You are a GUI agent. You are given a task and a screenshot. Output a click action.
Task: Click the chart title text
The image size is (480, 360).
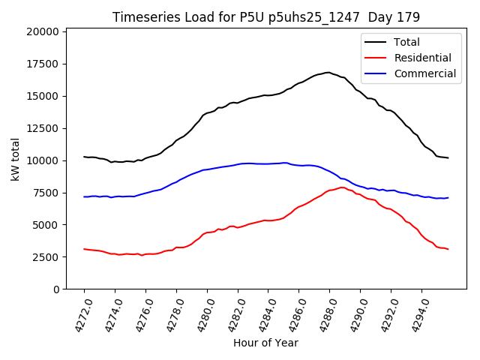pos(266,17)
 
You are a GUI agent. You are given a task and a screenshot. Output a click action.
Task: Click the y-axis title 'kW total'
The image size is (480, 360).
pos(16,159)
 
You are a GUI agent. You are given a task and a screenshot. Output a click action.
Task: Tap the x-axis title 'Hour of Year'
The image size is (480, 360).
pos(265,343)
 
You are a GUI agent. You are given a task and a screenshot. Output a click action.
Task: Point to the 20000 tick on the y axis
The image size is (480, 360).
pos(42,31)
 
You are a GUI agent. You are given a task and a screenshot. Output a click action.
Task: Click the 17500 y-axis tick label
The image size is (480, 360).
pos(42,64)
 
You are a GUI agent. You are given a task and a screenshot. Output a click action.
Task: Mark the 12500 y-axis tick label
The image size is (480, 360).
pos(42,128)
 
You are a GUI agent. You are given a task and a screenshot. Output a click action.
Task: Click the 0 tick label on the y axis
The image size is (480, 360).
pos(56,289)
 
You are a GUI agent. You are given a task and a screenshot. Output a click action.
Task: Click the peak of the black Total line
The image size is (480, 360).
pos(328,72)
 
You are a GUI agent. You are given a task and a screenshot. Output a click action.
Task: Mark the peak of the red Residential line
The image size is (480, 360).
pos(342,187)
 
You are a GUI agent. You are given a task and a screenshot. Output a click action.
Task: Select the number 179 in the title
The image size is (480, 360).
pos(409,17)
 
